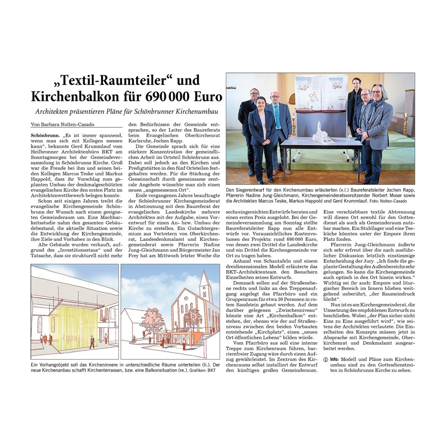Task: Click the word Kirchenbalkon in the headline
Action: click(74, 97)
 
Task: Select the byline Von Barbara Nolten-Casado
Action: click(62, 125)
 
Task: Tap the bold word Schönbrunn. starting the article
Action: click(43, 136)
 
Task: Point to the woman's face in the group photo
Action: click(261, 103)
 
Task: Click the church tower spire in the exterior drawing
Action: click(205, 277)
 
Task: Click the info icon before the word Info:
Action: click(326, 360)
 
